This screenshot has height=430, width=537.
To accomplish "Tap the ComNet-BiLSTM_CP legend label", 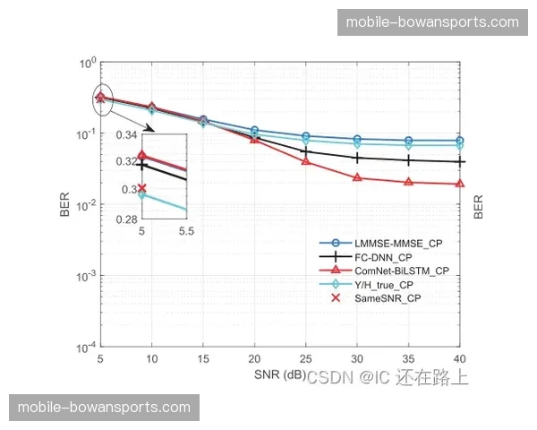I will (x=402, y=270).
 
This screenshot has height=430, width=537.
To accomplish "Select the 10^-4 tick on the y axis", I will (x=86, y=347).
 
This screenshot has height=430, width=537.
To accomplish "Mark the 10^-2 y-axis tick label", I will (x=86, y=205).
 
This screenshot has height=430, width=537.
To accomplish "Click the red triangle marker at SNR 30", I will (x=357, y=177).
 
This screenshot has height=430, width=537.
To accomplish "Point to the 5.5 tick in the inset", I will (x=184, y=231).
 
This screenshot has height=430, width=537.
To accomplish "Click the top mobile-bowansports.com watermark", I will (x=431, y=21).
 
